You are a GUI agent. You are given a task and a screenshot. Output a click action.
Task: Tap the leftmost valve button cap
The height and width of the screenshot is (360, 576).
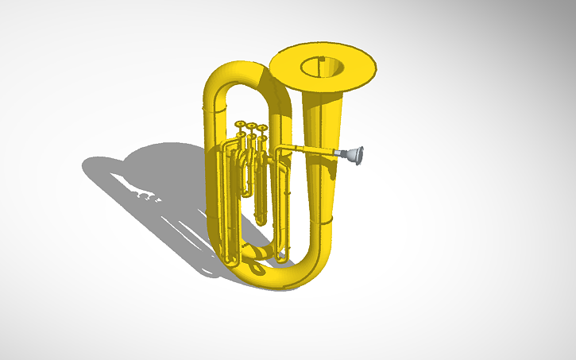tap(241, 124)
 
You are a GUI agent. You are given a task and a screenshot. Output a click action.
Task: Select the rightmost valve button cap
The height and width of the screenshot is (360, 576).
tap(262, 127)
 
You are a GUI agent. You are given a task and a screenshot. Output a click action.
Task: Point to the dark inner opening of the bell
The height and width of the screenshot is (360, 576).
tap(321, 67)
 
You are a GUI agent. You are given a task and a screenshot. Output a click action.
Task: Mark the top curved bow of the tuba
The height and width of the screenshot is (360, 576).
tap(238, 72)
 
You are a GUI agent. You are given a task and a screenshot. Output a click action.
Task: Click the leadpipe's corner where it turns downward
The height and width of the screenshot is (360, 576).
tap(278, 149)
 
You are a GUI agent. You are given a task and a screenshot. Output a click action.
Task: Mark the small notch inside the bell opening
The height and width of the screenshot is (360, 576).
tap(321, 60)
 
